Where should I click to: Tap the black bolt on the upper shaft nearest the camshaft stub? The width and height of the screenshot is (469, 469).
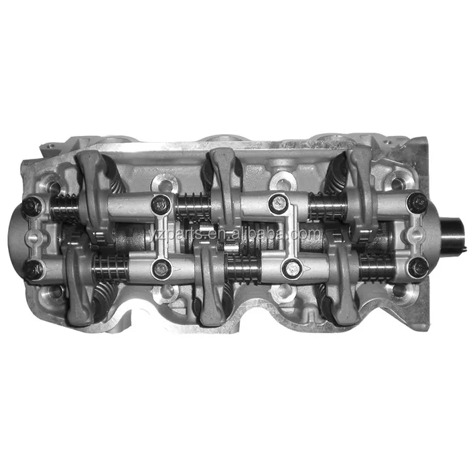pos(417,201)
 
